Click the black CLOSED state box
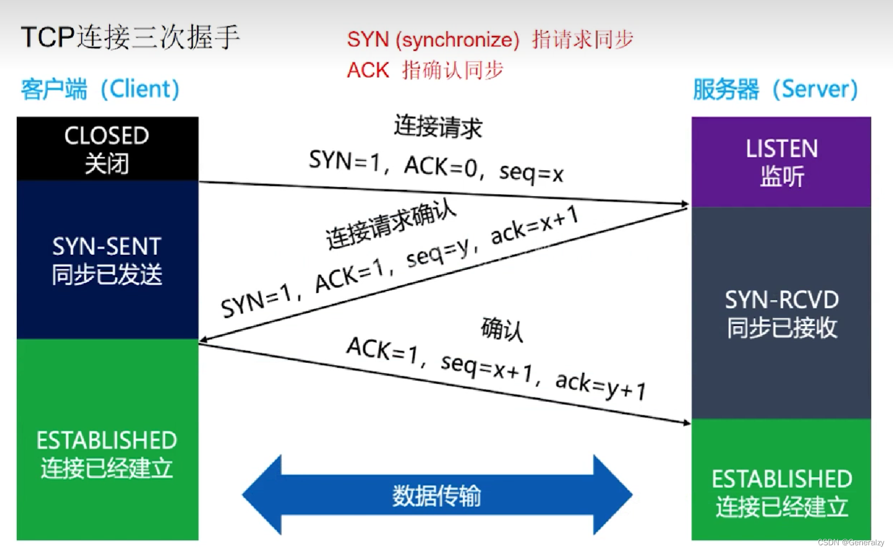107,148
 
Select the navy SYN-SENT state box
107,259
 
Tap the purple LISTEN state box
781,162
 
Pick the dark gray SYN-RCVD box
781,313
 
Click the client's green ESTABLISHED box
107,439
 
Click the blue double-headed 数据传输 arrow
437,495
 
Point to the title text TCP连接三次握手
130,38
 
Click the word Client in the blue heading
144,89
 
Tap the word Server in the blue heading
819,89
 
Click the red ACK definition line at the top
425,71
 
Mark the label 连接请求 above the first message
438,126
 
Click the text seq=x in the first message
531,173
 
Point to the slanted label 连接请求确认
391,225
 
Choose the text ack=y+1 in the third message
600,385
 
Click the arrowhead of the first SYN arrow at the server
684,204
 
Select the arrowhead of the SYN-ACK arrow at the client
204,339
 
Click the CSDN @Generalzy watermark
850,542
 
